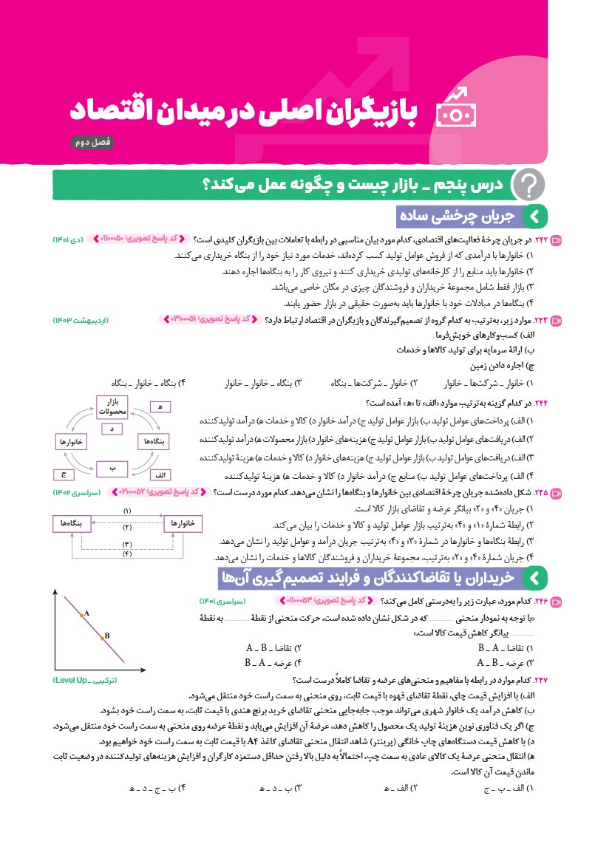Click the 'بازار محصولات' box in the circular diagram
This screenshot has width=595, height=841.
coord(113,406)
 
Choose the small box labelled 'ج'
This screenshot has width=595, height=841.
coord(61,473)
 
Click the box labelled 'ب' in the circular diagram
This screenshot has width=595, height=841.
coord(113,468)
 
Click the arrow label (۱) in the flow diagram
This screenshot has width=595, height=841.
coord(127,511)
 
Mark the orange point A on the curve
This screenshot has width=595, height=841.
coord(82,614)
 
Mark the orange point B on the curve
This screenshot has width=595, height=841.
coord(103,636)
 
